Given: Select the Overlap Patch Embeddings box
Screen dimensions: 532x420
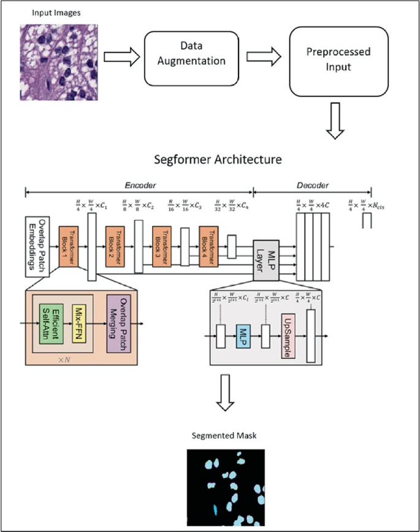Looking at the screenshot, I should (x=37, y=245).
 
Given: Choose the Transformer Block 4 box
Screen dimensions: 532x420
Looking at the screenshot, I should (x=208, y=246).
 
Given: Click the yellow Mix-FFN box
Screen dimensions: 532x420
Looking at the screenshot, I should (x=80, y=322).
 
